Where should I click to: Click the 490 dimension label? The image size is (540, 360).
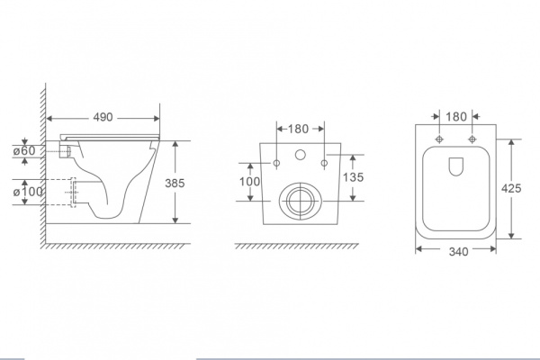coord(103,118)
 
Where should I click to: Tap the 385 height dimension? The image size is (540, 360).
coord(175,184)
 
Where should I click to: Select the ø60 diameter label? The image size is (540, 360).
coord(24,151)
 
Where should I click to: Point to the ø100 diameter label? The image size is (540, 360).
coord(28,192)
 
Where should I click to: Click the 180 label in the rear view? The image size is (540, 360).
coord(298,130)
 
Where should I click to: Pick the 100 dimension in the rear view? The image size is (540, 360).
coord(250,182)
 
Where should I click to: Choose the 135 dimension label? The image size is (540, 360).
coord(354,177)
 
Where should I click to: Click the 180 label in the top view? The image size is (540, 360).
coord(456,117)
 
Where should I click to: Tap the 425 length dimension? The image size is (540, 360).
coord(511,188)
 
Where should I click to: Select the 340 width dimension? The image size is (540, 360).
coord(459,252)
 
